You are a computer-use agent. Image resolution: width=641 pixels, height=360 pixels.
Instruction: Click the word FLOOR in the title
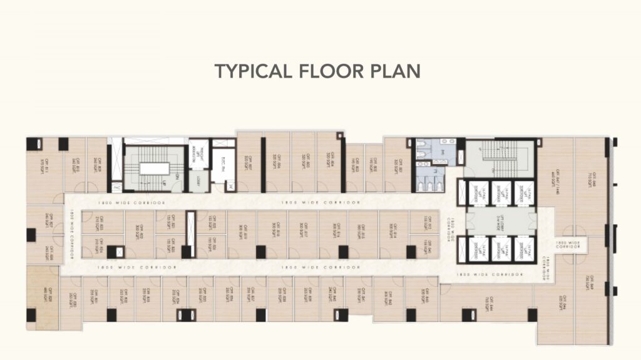(316, 71)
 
